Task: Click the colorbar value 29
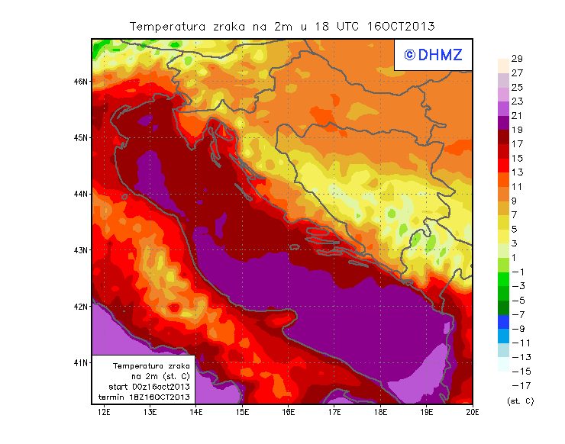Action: [x=516, y=59]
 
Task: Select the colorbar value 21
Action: [x=516, y=115]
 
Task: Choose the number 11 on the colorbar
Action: [x=516, y=187]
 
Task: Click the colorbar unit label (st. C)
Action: [x=519, y=400]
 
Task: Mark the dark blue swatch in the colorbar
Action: [x=503, y=321]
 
